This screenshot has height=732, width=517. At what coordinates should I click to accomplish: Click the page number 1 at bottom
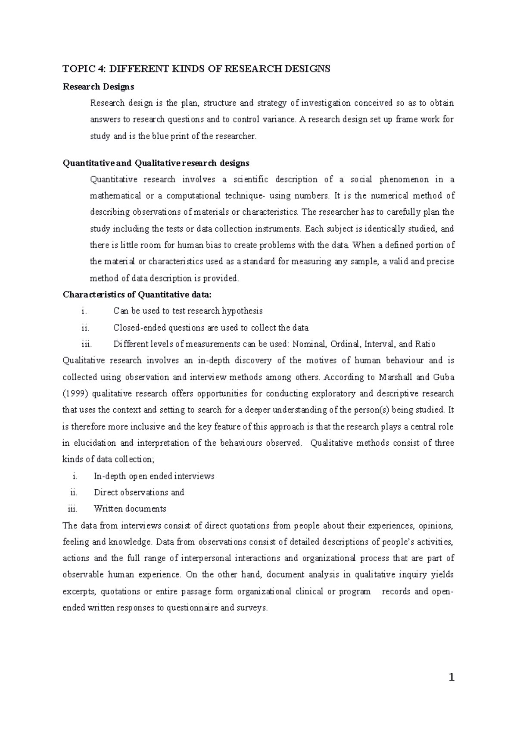(x=451, y=678)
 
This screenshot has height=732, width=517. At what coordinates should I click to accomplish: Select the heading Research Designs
(x=98, y=87)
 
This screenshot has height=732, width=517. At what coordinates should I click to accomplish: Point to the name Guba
(x=445, y=377)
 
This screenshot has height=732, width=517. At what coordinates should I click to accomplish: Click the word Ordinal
(x=345, y=344)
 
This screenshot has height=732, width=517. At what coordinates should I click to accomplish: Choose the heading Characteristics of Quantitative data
(x=137, y=295)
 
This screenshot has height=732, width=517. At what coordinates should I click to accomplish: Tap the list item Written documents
(x=130, y=509)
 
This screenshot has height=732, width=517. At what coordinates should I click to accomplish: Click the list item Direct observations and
(x=139, y=492)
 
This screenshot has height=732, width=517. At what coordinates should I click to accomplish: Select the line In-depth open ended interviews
(x=154, y=476)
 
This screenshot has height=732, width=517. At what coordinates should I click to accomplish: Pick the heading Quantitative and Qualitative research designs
(x=156, y=163)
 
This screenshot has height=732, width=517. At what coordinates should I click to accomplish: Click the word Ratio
(x=425, y=344)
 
